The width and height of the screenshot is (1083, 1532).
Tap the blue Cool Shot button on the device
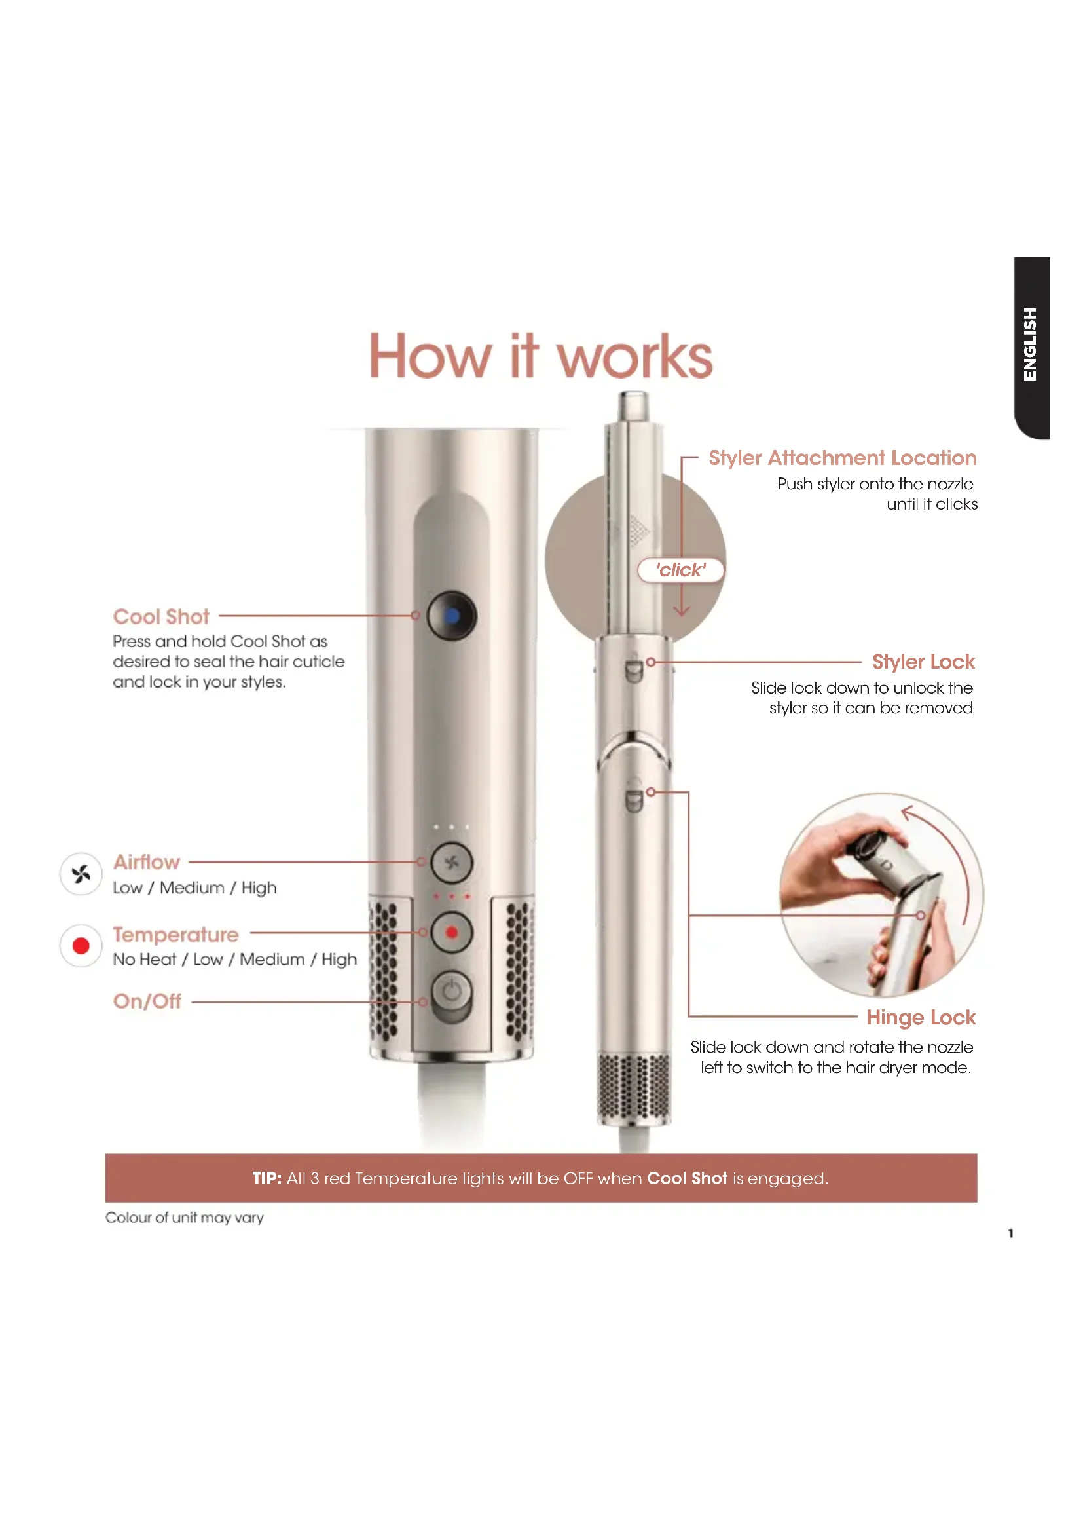point(452,615)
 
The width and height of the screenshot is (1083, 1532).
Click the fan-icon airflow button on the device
point(452,863)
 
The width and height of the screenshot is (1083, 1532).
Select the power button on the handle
point(452,991)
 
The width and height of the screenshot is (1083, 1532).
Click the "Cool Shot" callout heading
point(160,616)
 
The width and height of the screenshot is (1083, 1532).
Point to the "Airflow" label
point(147,862)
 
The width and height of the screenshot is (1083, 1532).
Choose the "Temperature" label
point(175,935)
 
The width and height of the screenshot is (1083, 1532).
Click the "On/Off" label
point(147,1001)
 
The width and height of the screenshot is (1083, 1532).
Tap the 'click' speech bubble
point(681,570)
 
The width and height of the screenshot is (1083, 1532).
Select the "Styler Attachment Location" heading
point(842,458)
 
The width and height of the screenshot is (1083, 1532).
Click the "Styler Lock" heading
point(924,662)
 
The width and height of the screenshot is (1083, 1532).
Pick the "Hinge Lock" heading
point(921,1018)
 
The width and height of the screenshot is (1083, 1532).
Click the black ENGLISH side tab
point(1032,348)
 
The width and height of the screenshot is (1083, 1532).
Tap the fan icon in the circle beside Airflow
point(81,874)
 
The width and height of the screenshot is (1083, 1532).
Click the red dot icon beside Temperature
point(81,946)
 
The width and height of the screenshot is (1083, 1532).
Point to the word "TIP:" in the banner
point(266,1178)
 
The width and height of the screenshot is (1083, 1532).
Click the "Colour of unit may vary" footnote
point(185,1218)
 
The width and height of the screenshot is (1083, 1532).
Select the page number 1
point(1011,1233)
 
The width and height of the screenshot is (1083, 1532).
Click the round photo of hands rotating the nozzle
point(881,895)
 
